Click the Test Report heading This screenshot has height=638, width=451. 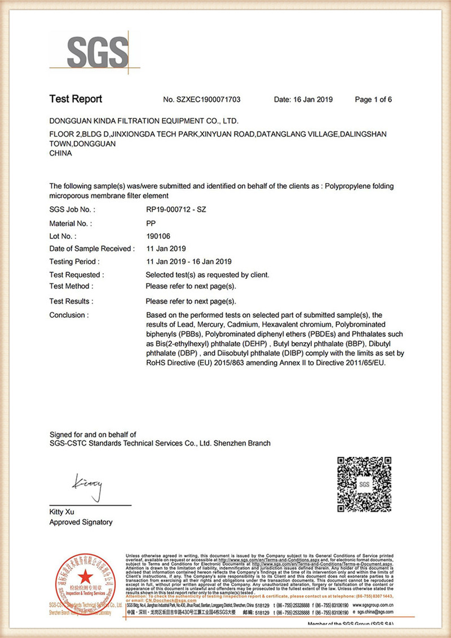click(x=76, y=99)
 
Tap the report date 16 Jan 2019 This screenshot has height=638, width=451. click(x=303, y=100)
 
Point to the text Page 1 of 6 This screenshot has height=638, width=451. click(x=373, y=100)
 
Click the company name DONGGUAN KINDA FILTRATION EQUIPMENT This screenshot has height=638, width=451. click(x=144, y=121)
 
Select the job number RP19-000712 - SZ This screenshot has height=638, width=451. click(x=177, y=210)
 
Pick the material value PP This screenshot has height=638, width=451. click(x=151, y=223)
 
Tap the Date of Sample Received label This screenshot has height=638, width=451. click(x=92, y=249)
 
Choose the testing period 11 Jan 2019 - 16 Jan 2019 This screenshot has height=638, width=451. click(x=189, y=262)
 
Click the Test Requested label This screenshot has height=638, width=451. click(x=77, y=275)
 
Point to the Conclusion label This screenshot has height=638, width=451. click(x=69, y=315)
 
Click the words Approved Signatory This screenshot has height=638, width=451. click(x=81, y=522)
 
